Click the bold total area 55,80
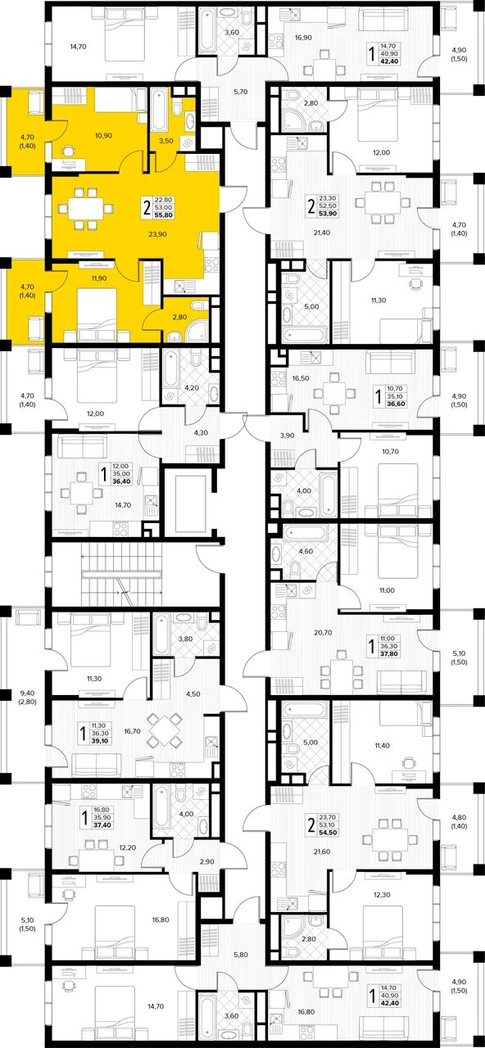tap(163, 215)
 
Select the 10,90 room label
tap(103, 136)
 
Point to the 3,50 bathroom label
tap(165, 140)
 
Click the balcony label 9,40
tap(28, 693)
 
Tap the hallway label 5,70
tap(241, 92)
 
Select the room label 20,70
tap(323, 632)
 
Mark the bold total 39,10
tap(101, 741)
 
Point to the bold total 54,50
tap(328, 833)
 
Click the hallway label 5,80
tap(240, 942)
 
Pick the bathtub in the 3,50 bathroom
tap(158, 110)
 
